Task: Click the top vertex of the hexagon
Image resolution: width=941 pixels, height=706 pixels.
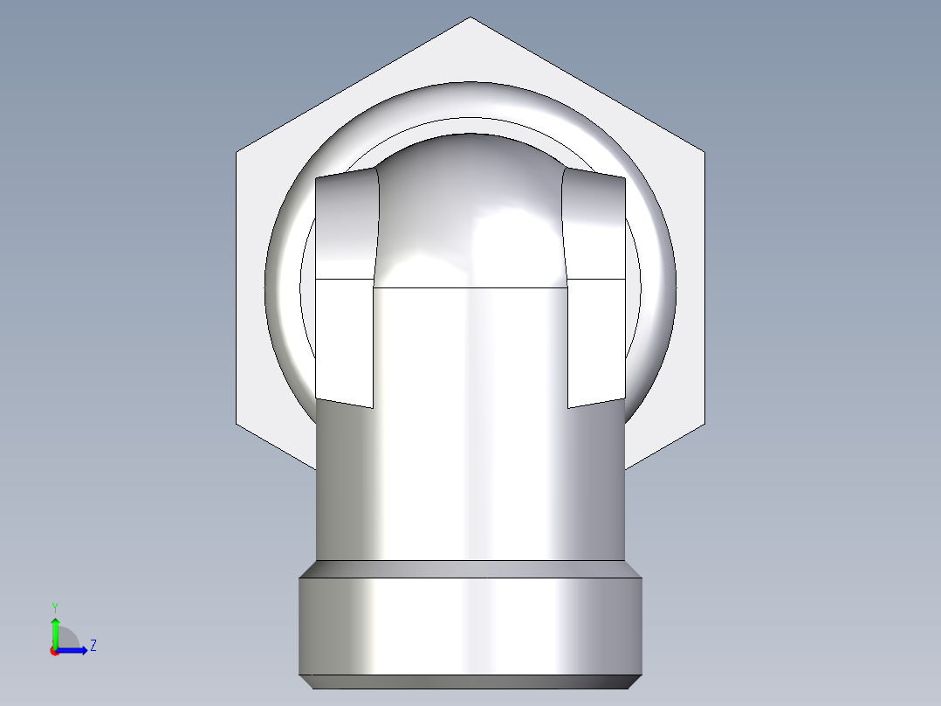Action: (x=470, y=18)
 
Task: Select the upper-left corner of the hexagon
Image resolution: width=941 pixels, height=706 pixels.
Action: (x=237, y=153)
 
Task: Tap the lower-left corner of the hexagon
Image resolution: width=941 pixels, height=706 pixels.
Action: (x=237, y=427)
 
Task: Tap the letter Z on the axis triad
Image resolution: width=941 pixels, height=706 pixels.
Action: (x=93, y=646)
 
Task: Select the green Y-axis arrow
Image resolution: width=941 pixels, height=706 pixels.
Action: (x=55, y=629)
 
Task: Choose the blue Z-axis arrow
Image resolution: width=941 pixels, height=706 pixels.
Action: (x=74, y=650)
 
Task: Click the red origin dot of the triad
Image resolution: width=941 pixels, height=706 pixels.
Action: (x=54, y=651)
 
